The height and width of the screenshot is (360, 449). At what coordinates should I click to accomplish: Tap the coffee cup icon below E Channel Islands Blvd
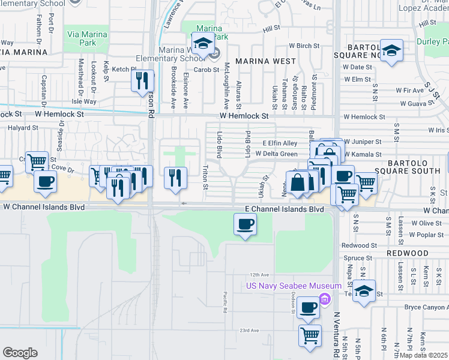coord(244,225)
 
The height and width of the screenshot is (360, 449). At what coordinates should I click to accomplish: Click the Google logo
coord(20,353)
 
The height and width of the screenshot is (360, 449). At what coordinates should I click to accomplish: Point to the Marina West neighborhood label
coord(265,61)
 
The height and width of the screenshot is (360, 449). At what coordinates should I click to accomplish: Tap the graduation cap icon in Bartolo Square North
coord(391,52)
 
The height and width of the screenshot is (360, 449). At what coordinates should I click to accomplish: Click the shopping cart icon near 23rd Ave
coord(310,335)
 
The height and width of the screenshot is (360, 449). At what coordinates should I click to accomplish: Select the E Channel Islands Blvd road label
coord(285,209)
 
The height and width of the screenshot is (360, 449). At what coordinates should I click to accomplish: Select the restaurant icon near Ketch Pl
coord(142,81)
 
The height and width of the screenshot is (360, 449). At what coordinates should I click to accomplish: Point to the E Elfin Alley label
coord(280,143)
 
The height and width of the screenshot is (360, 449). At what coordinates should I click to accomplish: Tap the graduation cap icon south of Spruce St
coord(364,292)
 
